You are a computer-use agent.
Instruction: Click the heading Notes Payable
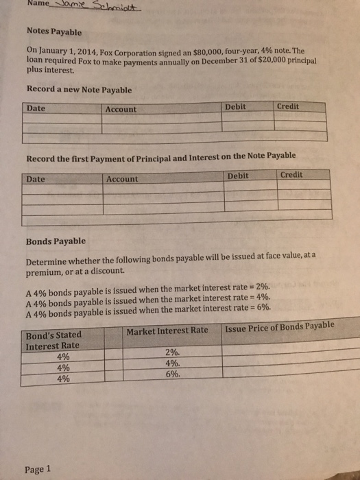coord(53,32)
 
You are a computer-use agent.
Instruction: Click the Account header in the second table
coord(123,178)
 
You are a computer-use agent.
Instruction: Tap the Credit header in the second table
coord(291,175)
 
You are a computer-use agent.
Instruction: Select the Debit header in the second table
coord(238,176)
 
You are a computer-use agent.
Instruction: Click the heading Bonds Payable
coord(56,241)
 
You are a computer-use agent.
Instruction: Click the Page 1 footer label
coord(38,470)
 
